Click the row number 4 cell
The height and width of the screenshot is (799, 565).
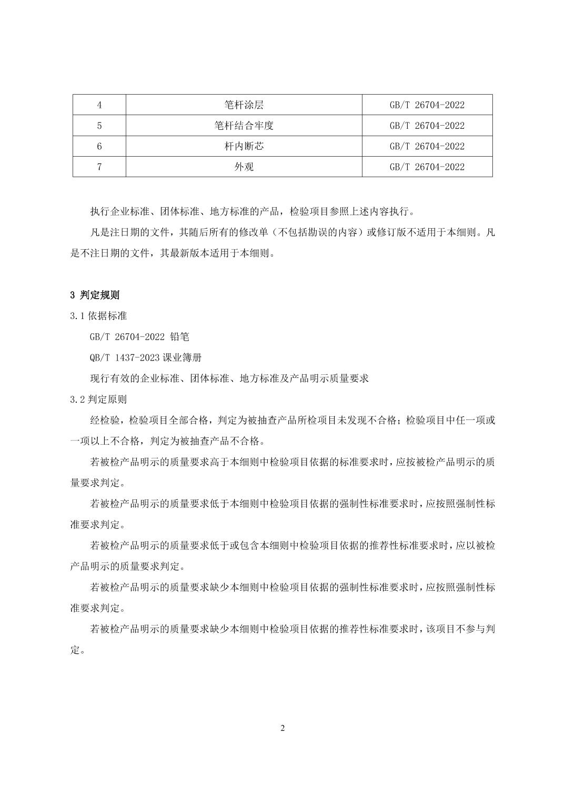click(99, 105)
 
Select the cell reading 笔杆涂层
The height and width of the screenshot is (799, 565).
click(244, 105)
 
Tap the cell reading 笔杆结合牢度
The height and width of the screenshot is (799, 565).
click(244, 126)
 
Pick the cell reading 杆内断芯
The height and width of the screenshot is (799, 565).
click(244, 146)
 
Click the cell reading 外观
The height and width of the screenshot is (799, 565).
click(244, 167)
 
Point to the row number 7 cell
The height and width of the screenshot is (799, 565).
click(99, 167)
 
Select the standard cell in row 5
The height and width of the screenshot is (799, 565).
click(427, 126)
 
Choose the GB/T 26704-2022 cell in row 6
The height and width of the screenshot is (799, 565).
click(427, 146)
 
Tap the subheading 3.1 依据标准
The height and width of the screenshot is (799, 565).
click(98, 316)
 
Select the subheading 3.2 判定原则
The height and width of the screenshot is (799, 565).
click(98, 399)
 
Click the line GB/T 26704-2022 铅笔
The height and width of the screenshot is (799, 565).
click(139, 337)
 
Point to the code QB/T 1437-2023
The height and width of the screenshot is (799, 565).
click(124, 358)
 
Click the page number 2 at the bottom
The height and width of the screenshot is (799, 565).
click(282, 728)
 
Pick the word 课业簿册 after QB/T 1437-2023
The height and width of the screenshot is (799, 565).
click(182, 358)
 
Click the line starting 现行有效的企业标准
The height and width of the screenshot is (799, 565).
click(229, 378)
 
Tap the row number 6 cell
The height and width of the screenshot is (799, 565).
click(99, 146)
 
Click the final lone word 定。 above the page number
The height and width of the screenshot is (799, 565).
click(77, 650)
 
